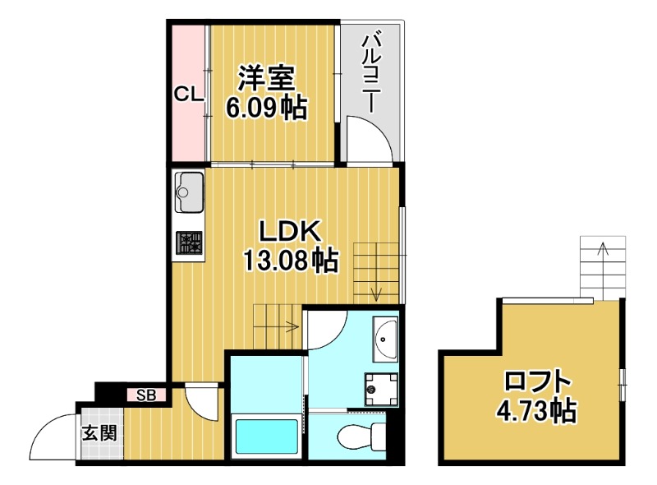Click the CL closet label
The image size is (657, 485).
point(188,95)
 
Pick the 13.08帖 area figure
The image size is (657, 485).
point(288,261)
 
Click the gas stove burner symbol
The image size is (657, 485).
point(190,242)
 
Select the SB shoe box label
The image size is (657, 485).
point(147,395)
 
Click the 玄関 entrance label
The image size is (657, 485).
point(98,432)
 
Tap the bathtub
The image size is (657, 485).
point(265,436)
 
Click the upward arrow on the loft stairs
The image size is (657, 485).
point(604,248)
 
